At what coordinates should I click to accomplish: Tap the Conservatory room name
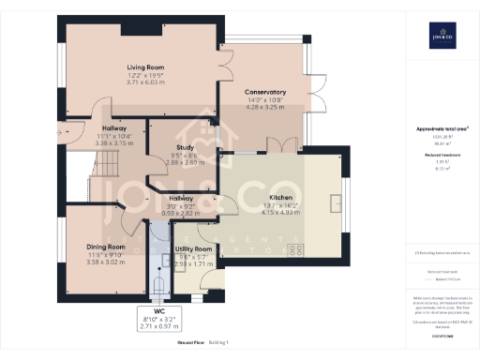pyautogui.click(x=264, y=91)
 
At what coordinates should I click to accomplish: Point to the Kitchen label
pyautogui.click(x=282, y=198)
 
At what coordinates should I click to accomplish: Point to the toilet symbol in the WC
pyautogui.click(x=158, y=284)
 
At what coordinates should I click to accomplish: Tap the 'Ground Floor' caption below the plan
pyautogui.click(x=189, y=344)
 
